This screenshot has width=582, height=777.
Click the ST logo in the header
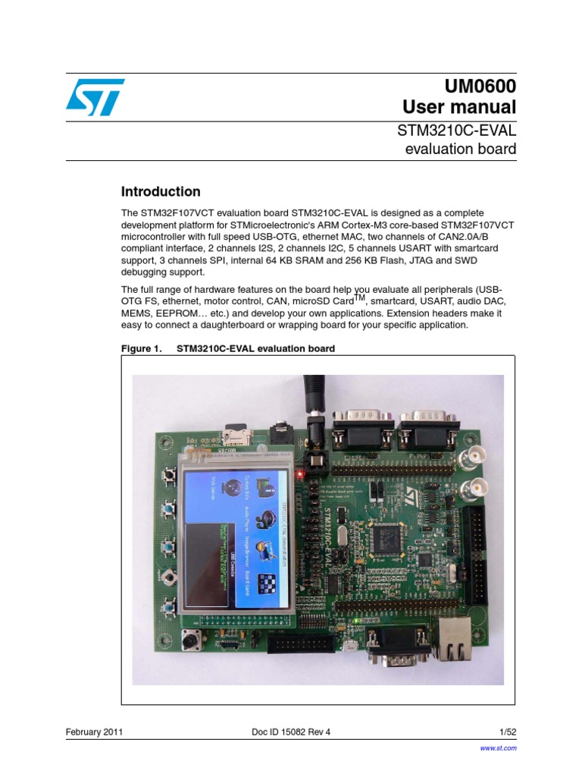click(94, 96)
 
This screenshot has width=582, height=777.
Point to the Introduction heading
click(161, 192)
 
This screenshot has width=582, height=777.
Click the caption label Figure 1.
click(142, 349)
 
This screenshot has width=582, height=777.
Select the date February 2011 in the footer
click(95, 732)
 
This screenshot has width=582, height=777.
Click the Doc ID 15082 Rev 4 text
click(290, 732)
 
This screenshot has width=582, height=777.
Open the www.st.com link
click(499, 748)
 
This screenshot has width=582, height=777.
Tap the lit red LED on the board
click(300, 474)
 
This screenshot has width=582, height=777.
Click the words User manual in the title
click(459, 106)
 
